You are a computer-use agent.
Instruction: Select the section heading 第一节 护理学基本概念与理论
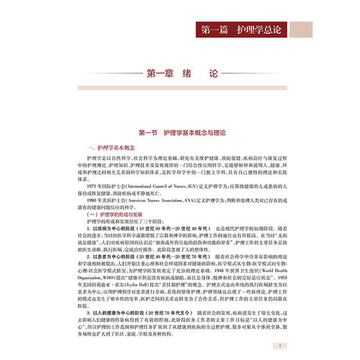click(x=180, y=132)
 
